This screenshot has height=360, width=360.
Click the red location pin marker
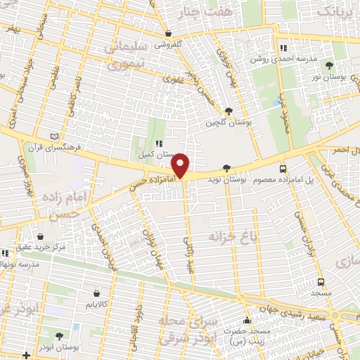(181, 166)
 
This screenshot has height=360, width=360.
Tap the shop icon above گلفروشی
(168, 33)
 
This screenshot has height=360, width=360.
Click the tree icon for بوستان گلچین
(229, 111)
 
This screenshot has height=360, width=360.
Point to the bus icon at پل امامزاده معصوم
(283, 169)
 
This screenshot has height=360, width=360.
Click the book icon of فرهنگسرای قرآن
(56, 136)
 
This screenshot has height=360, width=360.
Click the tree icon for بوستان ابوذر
(58, 336)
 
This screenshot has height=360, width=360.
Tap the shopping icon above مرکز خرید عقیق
(41, 236)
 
